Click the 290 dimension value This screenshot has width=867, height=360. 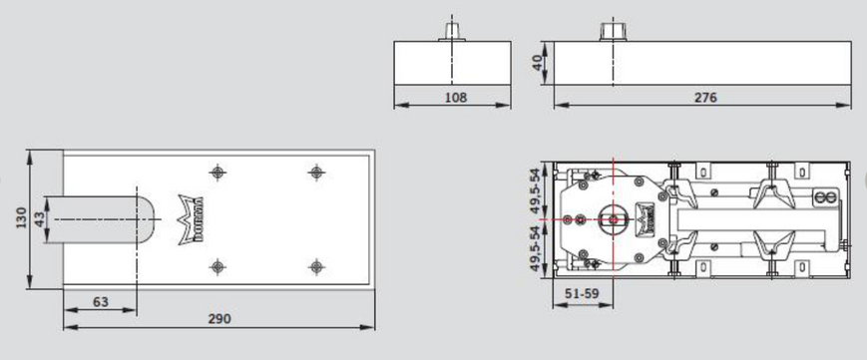[x=219, y=319]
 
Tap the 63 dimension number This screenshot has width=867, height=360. [x=101, y=302]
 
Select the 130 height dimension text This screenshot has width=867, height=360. [x=21, y=218]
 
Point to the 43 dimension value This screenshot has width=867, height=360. [x=40, y=219]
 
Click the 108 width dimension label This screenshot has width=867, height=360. [x=456, y=98]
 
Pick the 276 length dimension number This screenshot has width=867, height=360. [x=705, y=98]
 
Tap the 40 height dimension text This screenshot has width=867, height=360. [x=537, y=63]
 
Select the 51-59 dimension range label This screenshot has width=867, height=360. [x=583, y=294]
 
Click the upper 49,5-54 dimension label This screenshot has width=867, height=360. [x=535, y=190]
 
